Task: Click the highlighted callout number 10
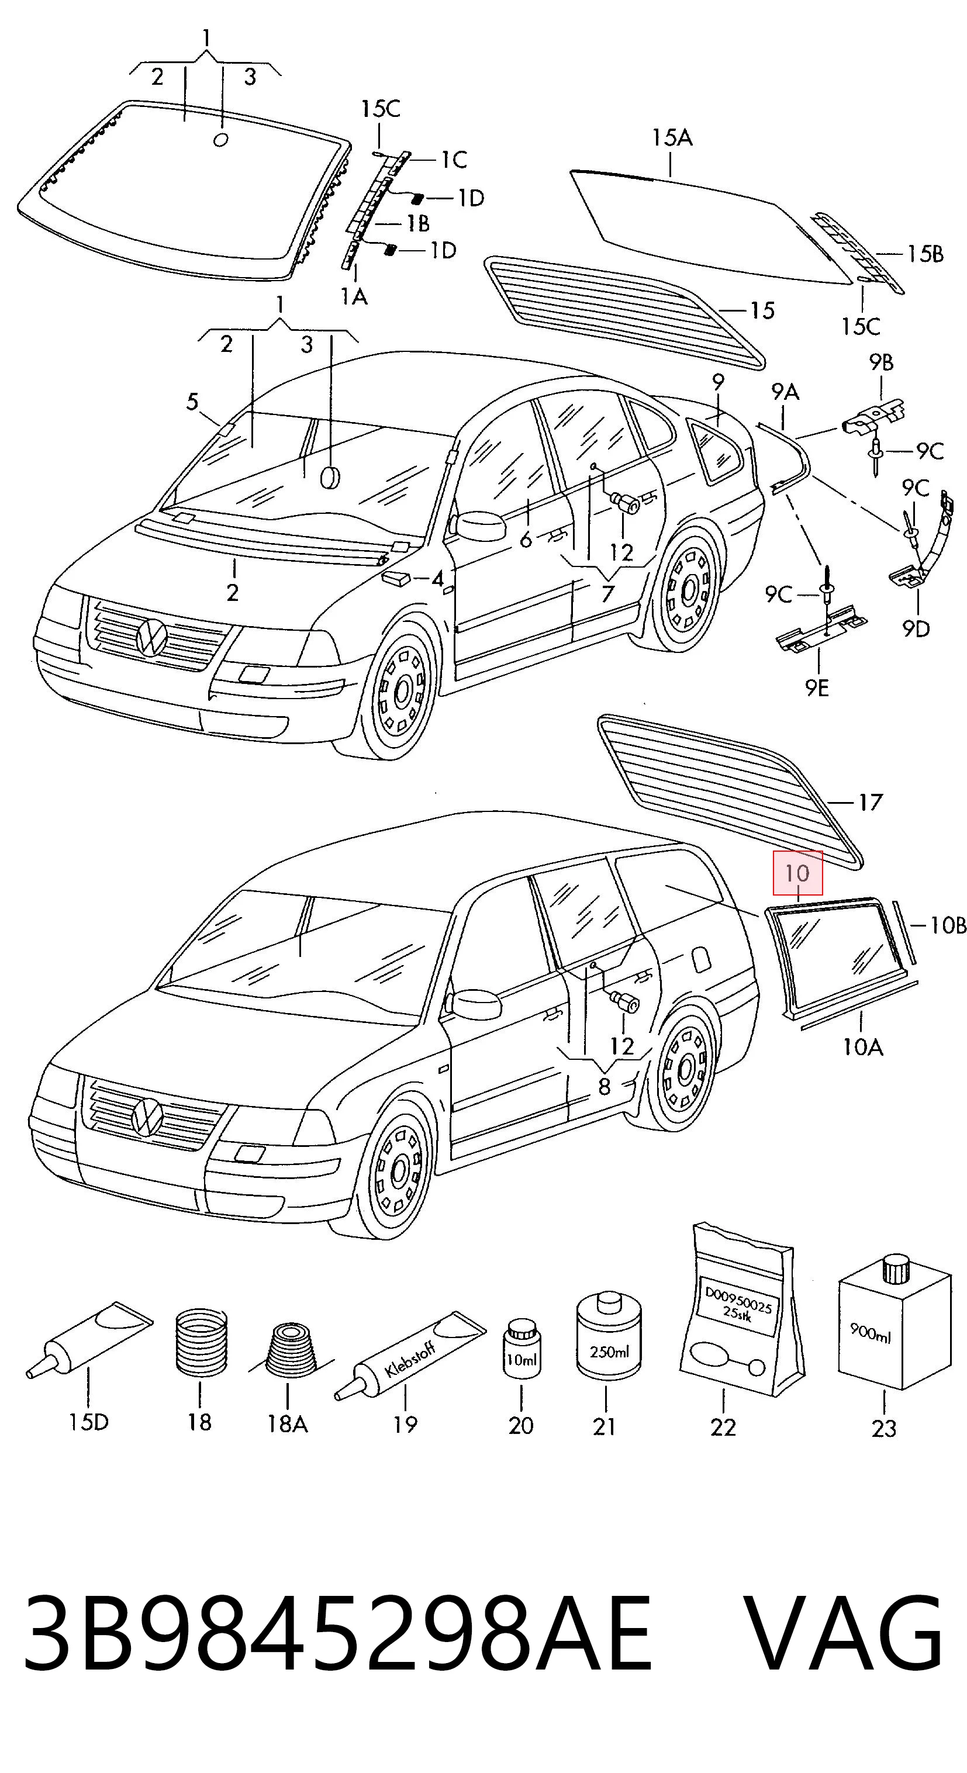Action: tap(797, 873)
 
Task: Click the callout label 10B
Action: tap(948, 925)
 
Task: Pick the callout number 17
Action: tap(871, 802)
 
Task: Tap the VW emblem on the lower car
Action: tap(147, 1117)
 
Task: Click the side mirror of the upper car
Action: tap(478, 527)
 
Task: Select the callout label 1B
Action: tap(417, 223)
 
